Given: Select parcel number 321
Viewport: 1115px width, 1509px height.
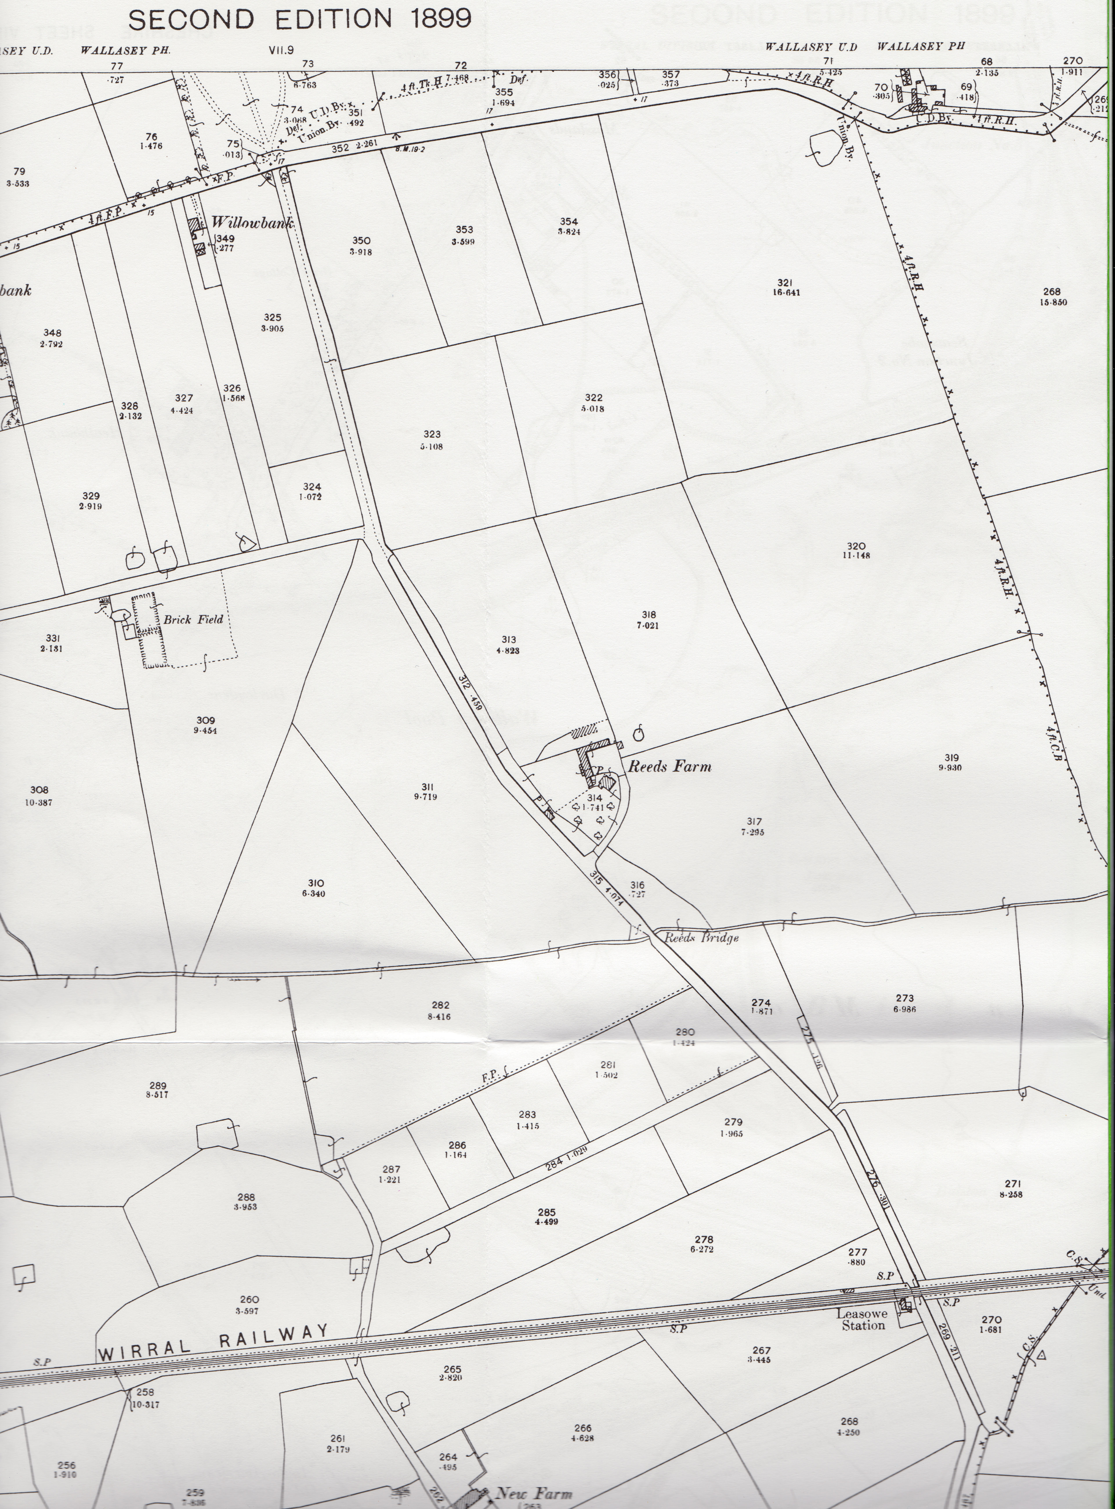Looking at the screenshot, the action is (x=784, y=283).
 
